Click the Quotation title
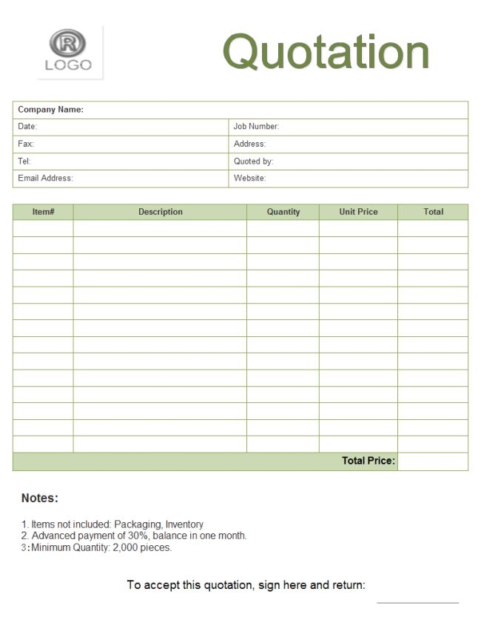coord(326,52)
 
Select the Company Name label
coord(50,110)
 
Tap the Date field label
coord(27,127)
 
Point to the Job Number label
coord(256,127)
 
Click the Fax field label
coord(26,144)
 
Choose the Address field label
coord(249,144)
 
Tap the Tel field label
coord(24,161)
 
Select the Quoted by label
coord(253,161)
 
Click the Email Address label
coord(45,178)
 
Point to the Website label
coord(249,178)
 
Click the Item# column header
coord(43,212)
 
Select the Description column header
coord(160,212)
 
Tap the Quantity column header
coord(283,212)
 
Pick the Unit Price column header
coord(358,212)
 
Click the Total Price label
coord(368,461)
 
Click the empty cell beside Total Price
coord(433,461)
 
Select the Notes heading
coord(39,498)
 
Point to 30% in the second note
coord(139,536)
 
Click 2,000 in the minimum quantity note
coord(124,547)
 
